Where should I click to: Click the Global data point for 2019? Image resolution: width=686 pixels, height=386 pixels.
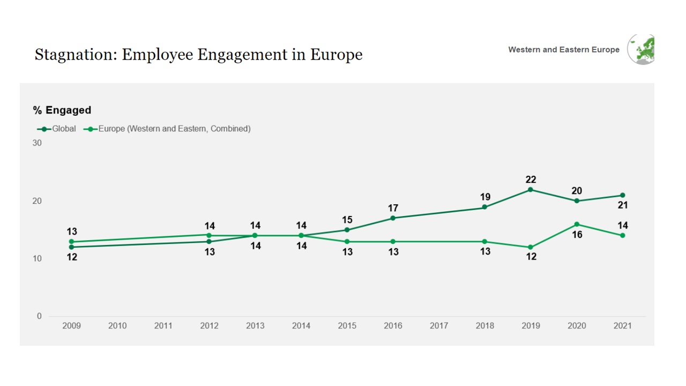point(531,190)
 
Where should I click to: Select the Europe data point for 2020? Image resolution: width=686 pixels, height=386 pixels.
point(577,224)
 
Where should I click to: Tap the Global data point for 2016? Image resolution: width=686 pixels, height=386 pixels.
point(393,218)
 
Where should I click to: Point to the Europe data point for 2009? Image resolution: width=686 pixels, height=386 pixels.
point(71,242)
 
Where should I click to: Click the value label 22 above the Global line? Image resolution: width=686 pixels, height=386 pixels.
point(531,180)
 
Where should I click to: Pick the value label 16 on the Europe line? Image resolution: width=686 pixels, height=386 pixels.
point(577,235)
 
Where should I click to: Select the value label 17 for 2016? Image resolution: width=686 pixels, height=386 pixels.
point(393,208)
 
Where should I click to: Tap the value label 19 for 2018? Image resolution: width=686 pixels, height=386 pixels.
point(485,197)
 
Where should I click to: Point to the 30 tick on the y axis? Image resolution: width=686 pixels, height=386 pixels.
point(37,143)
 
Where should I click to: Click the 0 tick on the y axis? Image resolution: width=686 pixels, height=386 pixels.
point(39,316)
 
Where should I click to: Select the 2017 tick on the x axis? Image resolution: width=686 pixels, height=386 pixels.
point(439,325)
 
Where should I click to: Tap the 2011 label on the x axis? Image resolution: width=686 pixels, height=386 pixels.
point(163,325)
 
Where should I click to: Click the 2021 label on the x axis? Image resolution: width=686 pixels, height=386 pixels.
point(622,325)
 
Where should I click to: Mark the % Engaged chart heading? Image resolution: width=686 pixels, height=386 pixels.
point(62,110)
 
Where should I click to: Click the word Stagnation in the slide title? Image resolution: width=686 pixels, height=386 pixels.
point(74,55)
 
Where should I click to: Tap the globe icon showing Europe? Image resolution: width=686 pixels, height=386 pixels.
point(642,50)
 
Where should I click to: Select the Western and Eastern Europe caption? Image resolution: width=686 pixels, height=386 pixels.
point(563,50)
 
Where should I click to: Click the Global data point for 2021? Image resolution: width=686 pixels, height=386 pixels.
point(622,195)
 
